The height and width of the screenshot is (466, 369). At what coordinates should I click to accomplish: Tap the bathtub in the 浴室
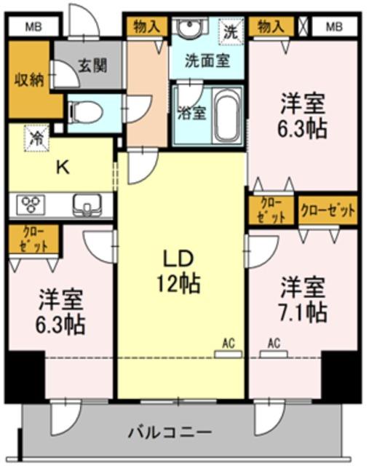pyautogui.click(x=228, y=115)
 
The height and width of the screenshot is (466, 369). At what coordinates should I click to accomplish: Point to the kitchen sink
pyautogui.click(x=87, y=205)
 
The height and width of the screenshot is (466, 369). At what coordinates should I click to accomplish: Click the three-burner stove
pyautogui.click(x=31, y=205)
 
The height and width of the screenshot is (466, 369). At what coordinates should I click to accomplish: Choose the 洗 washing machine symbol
pyautogui.click(x=231, y=32)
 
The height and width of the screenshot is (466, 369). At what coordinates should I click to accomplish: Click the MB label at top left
pyautogui.click(x=33, y=27)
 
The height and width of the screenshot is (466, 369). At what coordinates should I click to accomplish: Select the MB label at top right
pyautogui.click(x=334, y=27)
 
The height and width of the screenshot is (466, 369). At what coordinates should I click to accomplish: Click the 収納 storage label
pyautogui.click(x=30, y=79)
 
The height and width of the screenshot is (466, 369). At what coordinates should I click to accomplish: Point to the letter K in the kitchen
pyautogui.click(x=63, y=168)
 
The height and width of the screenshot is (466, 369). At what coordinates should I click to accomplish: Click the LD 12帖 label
pyautogui.click(x=178, y=271)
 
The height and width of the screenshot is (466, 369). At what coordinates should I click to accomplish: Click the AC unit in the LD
pyautogui.click(x=229, y=354)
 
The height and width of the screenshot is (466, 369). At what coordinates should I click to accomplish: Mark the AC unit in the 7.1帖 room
pyautogui.click(x=274, y=354)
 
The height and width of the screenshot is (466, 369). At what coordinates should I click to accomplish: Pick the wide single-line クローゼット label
pyautogui.click(x=328, y=210)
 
